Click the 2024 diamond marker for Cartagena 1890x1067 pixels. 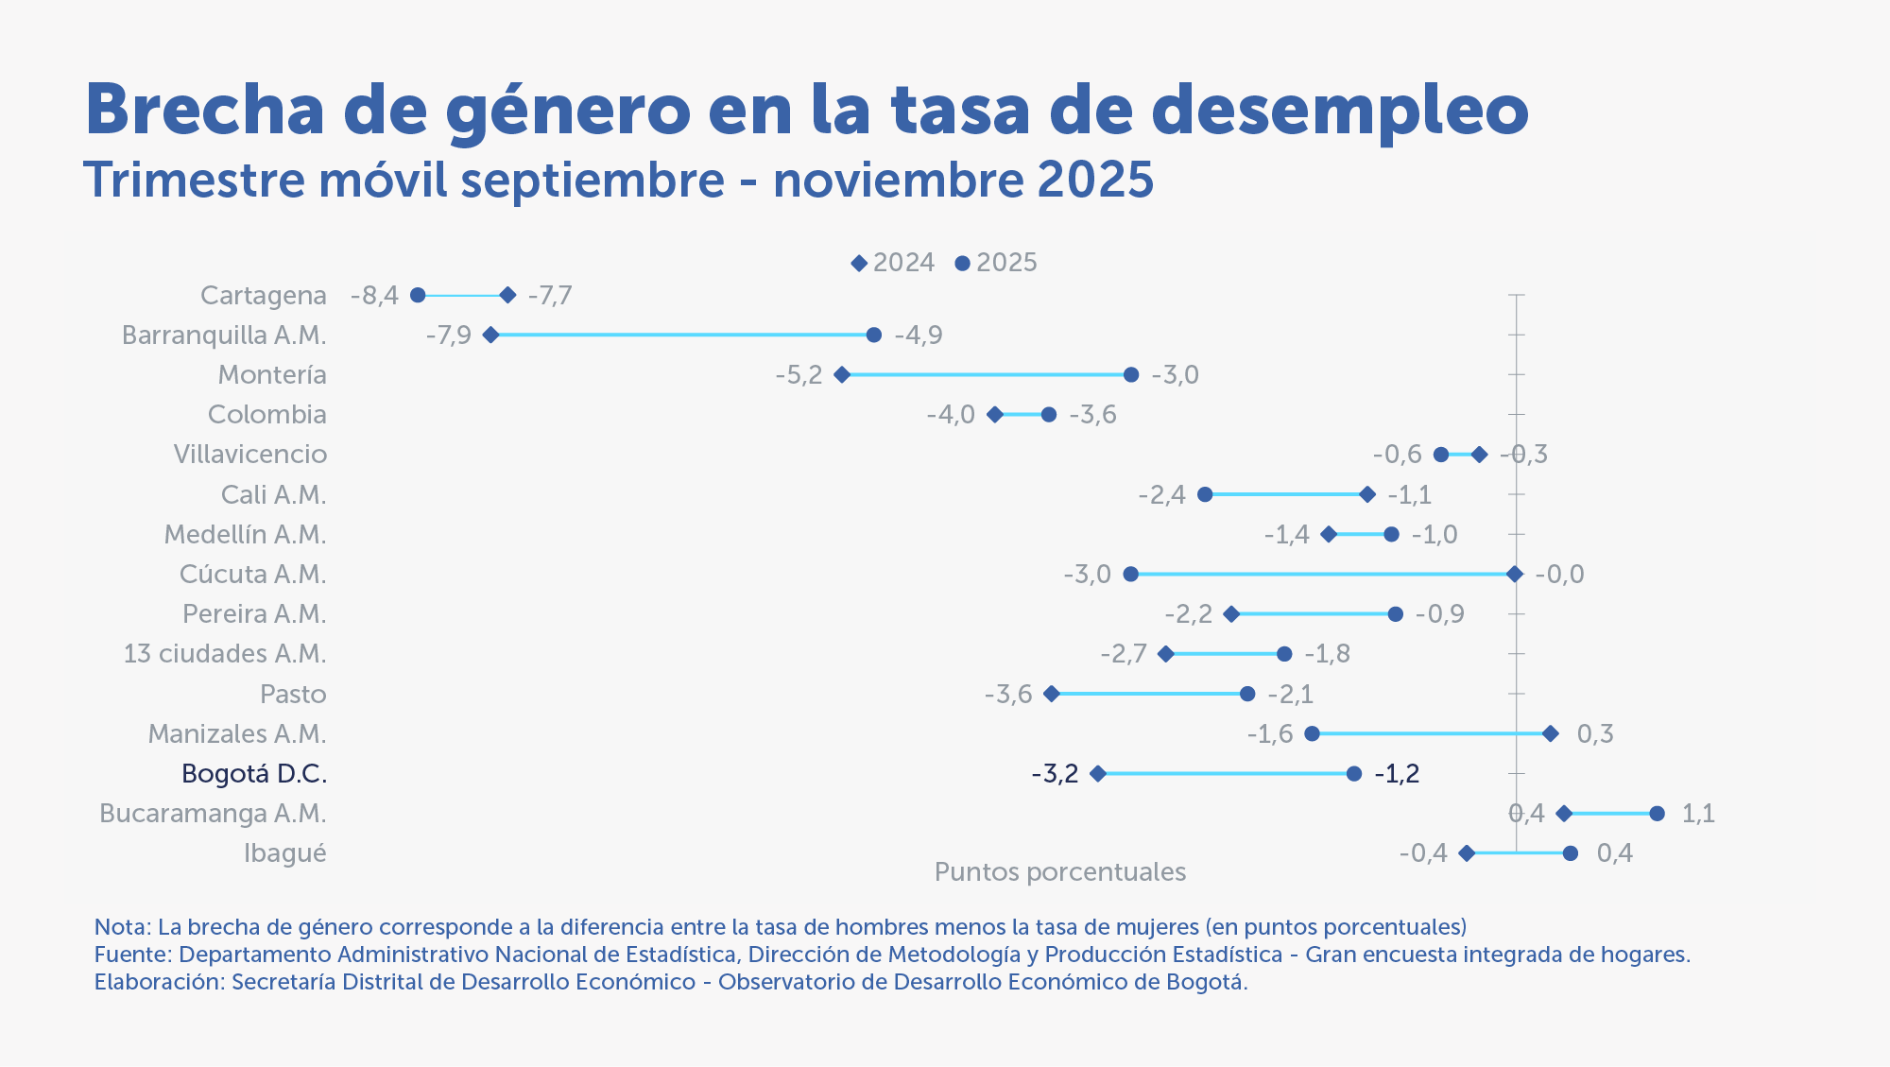tap(507, 296)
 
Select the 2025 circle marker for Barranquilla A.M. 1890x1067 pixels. tap(874, 336)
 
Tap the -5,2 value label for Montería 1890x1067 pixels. tap(799, 375)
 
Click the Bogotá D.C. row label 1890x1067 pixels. tap(254, 774)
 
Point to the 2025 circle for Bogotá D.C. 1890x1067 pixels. tap(1354, 774)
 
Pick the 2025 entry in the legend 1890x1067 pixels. tap(997, 263)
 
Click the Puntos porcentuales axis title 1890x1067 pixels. tap(1059, 871)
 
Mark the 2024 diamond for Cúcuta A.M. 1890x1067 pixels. tap(1515, 575)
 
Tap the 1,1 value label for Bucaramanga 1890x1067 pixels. tap(1698, 814)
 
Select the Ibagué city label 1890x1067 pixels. tap(284, 853)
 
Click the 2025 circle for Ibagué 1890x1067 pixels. tap(1571, 853)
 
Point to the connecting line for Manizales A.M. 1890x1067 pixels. tap(1431, 734)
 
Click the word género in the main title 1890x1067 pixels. tap(568, 112)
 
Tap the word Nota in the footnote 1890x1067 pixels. tap(120, 926)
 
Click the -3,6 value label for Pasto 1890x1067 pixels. tap(1008, 695)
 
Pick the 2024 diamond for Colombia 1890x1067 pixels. tap(995, 415)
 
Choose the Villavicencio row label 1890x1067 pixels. tap(250, 455)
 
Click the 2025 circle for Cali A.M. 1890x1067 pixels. tap(1205, 495)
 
